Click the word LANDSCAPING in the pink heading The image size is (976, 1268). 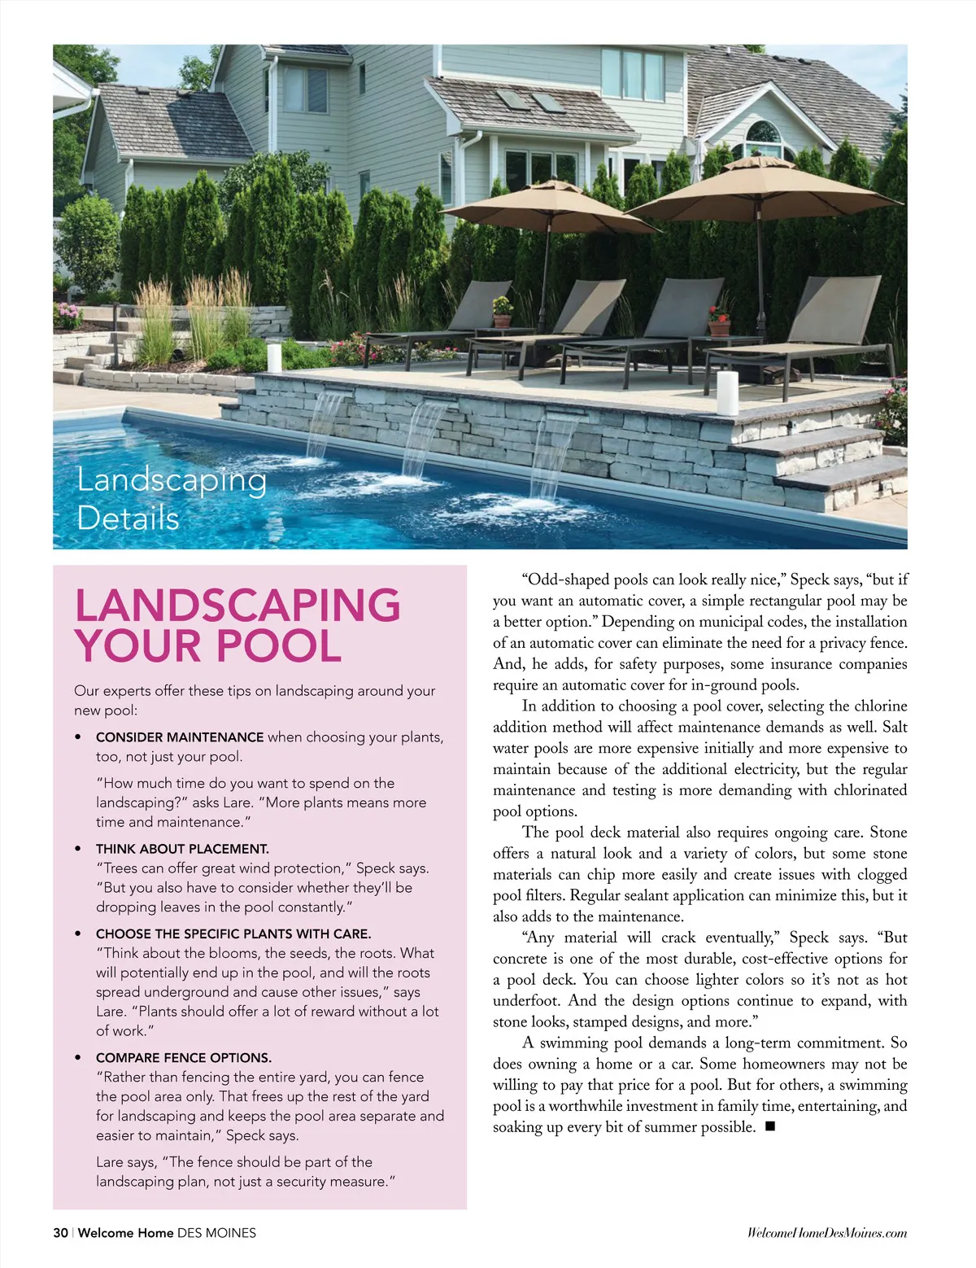click(237, 606)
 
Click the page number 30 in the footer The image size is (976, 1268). click(60, 1233)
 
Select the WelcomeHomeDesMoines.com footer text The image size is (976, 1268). click(826, 1233)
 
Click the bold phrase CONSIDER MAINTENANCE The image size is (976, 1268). click(180, 737)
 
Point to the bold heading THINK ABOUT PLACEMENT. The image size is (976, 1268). click(182, 849)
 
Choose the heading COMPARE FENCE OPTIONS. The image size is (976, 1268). click(184, 1058)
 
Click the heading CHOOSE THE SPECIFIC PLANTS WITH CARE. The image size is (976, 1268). click(233, 934)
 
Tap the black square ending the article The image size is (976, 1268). click(770, 1127)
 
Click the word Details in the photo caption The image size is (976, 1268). click(128, 518)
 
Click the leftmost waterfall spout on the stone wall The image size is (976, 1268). click(329, 396)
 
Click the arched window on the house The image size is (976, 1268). click(763, 138)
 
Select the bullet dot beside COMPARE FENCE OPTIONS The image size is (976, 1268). click(78, 1058)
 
